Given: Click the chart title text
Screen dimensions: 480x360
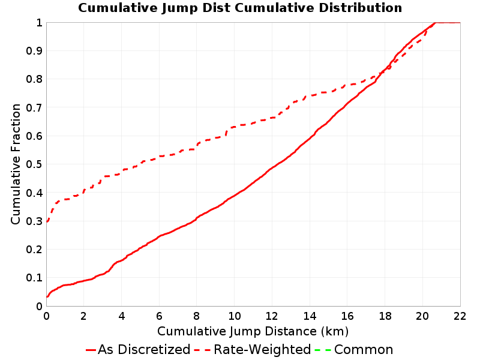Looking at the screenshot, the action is click(240, 8).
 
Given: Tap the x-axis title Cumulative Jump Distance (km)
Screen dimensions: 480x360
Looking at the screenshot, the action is click(253, 331).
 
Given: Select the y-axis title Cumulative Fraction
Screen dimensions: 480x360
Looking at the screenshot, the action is click(16, 164).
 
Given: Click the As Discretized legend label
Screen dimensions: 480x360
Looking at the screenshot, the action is click(144, 349).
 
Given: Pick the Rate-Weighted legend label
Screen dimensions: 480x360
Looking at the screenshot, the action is click(262, 349).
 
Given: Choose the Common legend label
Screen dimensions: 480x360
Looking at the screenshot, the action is click(364, 349).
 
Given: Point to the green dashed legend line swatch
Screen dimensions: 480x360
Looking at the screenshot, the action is click(323, 350).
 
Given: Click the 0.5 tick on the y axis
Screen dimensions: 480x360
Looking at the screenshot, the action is click(34, 164).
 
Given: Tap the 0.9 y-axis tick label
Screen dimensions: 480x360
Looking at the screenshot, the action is click(34, 51).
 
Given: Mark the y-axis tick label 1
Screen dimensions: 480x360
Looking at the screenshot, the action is click(39, 23).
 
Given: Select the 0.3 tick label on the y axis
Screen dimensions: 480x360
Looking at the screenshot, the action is click(34, 221).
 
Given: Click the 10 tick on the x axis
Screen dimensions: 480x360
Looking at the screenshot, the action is click(235, 316).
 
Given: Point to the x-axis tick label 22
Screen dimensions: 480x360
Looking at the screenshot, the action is click(460, 316).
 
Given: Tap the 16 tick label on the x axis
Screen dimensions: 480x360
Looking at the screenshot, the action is click(347, 316).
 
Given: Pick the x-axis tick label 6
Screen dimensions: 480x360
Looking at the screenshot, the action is click(159, 316).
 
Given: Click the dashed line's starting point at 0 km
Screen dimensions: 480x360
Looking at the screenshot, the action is click(47, 221).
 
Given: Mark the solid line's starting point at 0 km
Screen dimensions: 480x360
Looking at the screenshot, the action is click(47, 296).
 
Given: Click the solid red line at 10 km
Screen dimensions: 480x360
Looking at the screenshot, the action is click(235, 196).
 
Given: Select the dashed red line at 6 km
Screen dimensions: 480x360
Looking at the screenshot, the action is click(159, 157).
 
